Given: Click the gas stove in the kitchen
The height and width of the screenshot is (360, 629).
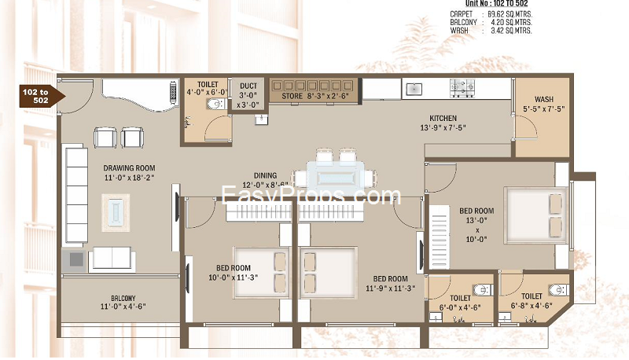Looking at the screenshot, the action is pos(462,87).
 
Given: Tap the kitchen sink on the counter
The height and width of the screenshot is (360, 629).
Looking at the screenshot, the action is pos(414,89).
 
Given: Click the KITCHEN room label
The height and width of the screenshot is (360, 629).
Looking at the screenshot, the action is pos(443,118).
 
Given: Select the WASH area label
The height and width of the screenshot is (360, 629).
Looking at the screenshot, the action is pos(543,99).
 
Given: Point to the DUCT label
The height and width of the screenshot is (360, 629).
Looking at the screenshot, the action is pos(248,86).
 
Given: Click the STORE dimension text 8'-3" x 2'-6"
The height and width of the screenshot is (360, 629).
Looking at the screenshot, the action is pos(328,96).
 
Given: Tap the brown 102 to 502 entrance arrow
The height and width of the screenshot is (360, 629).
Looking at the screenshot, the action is pos(42,97).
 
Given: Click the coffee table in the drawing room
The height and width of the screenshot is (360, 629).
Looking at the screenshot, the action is pos(116,212).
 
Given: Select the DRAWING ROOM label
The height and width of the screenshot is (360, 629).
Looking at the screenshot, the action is pos(129,168).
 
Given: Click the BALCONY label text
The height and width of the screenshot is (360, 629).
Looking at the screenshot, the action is pos(123,298).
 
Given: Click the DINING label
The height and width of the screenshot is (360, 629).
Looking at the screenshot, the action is pos(265,175).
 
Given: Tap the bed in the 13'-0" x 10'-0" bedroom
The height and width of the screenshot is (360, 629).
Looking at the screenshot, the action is pos(536,215).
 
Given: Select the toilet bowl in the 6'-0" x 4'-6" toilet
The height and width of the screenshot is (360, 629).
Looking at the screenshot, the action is pos(483,290).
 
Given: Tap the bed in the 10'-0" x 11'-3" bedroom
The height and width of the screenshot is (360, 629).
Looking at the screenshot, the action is pos(262,273).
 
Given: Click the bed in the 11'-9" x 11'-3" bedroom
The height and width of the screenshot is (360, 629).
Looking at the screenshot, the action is pos(329,273).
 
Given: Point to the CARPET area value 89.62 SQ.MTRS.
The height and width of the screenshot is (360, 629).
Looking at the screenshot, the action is pos(509,14).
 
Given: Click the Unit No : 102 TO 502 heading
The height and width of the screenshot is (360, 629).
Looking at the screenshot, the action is pos(496,4).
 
